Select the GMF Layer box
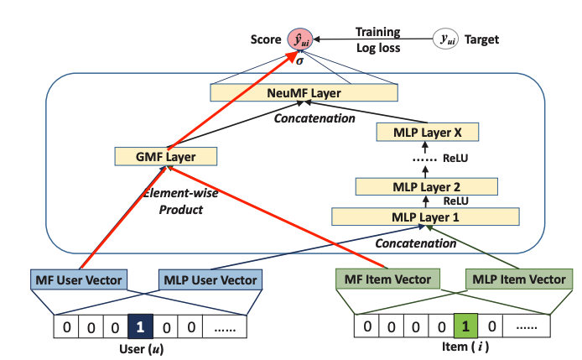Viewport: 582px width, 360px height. click(x=165, y=155)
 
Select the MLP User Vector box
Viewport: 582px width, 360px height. click(x=210, y=279)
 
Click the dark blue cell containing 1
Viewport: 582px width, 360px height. click(x=142, y=324)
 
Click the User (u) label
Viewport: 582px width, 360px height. click(x=141, y=347)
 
